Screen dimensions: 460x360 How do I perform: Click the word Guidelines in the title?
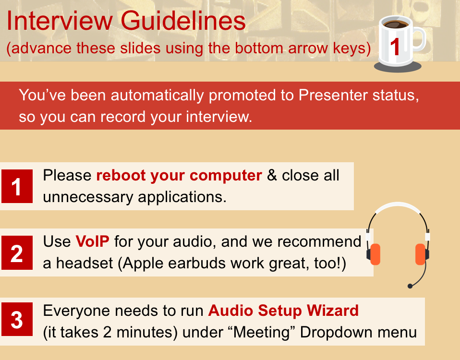click(183, 21)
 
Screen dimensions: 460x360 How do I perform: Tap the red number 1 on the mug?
click(395, 47)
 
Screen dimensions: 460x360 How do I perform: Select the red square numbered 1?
click(17, 186)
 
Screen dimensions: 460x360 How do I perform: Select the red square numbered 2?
click(17, 252)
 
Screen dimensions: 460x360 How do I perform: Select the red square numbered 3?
click(17, 319)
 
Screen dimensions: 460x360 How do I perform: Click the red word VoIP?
click(92, 241)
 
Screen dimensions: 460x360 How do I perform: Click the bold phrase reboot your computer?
click(179, 176)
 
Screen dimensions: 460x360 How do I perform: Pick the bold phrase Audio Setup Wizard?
click(283, 311)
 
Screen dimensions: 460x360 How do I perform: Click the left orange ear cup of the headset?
click(375, 254)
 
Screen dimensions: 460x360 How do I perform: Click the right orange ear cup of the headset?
click(421, 254)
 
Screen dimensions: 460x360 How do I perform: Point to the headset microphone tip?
click(410, 286)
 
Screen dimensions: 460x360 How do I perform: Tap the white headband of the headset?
click(398, 206)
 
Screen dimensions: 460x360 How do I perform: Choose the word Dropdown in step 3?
click(337, 333)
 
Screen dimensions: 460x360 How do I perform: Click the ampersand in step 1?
click(272, 175)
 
